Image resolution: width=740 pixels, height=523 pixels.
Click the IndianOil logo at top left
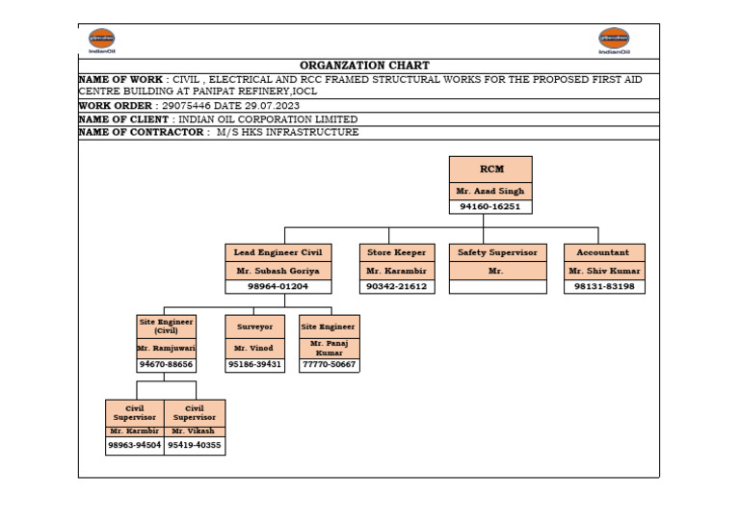click(101, 40)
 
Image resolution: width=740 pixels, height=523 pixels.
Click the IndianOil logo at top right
click(614, 40)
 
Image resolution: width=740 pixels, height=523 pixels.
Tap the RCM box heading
click(490, 170)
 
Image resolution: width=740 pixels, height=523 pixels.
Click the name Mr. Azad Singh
click(490, 192)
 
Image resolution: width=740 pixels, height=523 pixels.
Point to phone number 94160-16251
click(490, 207)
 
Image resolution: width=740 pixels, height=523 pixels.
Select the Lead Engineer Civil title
click(278, 252)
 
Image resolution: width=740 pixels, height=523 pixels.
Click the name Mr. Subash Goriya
click(278, 272)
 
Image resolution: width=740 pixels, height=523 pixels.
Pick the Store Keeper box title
click(396, 252)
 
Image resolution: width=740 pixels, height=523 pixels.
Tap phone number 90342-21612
click(396, 287)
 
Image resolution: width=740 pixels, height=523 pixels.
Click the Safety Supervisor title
click(497, 252)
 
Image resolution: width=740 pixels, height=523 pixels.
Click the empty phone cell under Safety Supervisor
click(497, 287)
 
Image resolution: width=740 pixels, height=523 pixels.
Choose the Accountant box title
click(603, 252)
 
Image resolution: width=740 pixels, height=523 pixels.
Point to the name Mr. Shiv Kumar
click(603, 272)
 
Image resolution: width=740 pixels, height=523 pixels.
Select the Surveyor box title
click(255, 327)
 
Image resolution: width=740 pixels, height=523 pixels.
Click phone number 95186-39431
click(255, 365)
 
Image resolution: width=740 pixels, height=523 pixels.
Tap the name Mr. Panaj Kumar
click(330, 348)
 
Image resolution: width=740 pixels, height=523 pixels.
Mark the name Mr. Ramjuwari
click(166, 348)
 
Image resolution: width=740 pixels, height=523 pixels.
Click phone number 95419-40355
click(195, 446)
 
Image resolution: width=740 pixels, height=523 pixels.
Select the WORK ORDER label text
click(115, 105)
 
